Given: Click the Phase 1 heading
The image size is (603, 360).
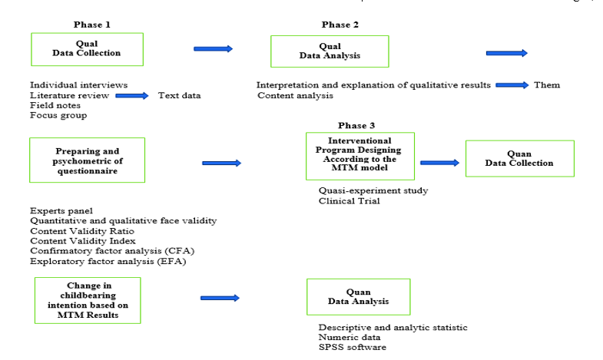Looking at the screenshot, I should click(x=92, y=25).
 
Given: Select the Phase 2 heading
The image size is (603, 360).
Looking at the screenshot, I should click(x=340, y=25).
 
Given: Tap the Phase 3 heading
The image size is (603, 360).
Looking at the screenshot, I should click(x=357, y=125).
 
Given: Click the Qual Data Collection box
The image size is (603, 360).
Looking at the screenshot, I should click(x=87, y=48).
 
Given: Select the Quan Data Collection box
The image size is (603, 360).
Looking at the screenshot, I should click(x=519, y=158).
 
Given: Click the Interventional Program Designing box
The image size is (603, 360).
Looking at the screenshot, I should click(x=359, y=155).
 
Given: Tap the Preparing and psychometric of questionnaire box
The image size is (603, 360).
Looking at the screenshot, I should click(x=87, y=160).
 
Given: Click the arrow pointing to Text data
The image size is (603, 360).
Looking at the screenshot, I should click(x=131, y=96).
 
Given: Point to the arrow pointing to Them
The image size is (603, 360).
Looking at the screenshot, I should click(x=512, y=84).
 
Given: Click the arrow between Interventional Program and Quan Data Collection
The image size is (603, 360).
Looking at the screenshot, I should click(x=439, y=163).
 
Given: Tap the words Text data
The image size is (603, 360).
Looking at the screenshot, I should click(x=179, y=96).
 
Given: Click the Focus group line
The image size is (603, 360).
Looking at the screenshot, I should click(x=58, y=116).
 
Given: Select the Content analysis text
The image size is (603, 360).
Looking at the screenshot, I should click(x=295, y=96).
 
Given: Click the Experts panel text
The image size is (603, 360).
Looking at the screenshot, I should click(x=61, y=210).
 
